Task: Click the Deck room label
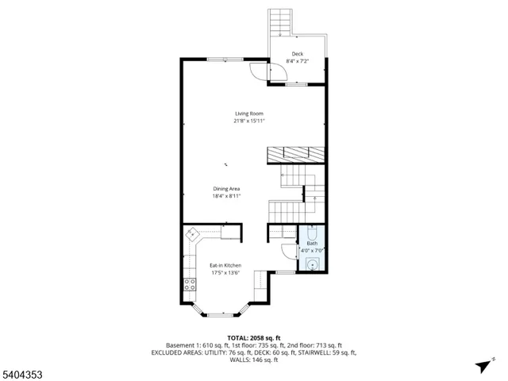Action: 298,54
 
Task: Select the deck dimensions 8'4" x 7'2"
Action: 298,61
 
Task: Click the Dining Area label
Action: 226,188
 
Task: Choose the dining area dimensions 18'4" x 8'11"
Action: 226,196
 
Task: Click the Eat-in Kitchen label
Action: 225,265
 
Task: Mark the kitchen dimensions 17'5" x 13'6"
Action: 225,273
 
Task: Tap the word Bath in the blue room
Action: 311,244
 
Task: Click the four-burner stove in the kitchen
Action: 190,284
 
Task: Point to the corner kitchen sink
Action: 192,234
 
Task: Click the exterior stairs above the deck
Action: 280,22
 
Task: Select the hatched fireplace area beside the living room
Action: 295,154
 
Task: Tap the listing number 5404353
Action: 21,371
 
